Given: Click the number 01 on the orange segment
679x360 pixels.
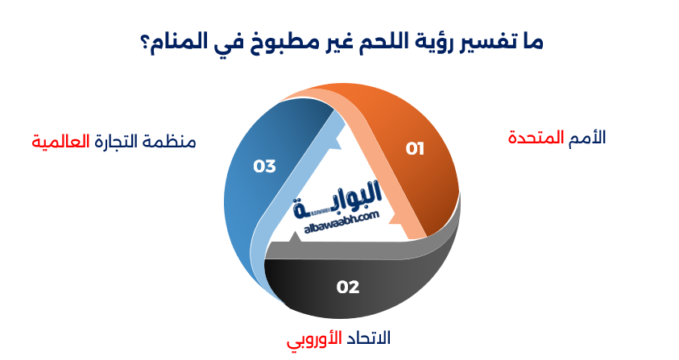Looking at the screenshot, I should (414, 148).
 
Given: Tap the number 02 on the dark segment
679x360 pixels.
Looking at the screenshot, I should (348, 287).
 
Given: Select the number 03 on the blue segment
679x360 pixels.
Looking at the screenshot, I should (264, 167).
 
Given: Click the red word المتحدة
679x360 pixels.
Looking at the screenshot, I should (534, 137).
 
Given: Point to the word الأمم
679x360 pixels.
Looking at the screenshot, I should (586, 137).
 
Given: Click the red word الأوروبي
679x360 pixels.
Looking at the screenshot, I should (315, 338).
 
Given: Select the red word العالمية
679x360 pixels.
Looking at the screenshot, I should (59, 142).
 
